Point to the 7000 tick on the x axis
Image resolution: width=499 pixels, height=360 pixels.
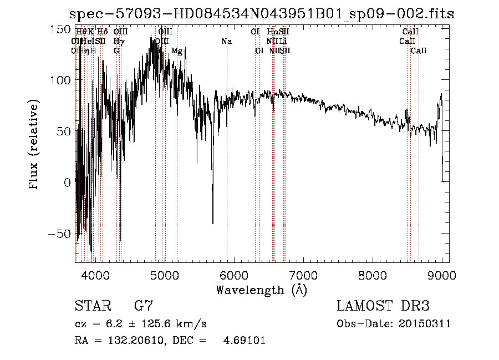coord(303,275)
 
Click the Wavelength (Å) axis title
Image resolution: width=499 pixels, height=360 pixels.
coord(261,290)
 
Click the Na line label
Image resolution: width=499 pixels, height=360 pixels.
coord(226,42)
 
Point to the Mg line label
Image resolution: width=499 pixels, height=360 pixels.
coord(176,51)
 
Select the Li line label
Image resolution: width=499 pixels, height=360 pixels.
coord(283,42)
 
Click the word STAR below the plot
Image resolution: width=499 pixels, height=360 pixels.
coord(89,306)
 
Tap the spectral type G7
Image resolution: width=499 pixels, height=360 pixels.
coord(143,306)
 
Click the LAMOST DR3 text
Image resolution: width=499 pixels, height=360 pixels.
coord(383,306)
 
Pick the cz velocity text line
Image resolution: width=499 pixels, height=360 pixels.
coord(141,324)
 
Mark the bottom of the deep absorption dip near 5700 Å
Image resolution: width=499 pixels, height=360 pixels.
coord(213,223)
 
